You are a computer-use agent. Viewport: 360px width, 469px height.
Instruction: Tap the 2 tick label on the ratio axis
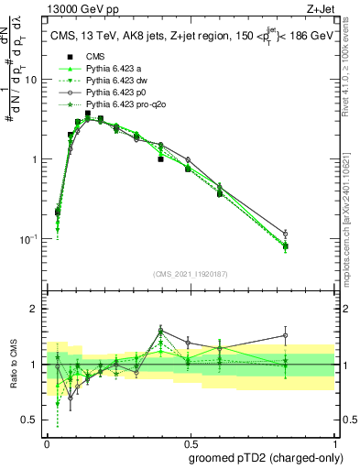point(35,309)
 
